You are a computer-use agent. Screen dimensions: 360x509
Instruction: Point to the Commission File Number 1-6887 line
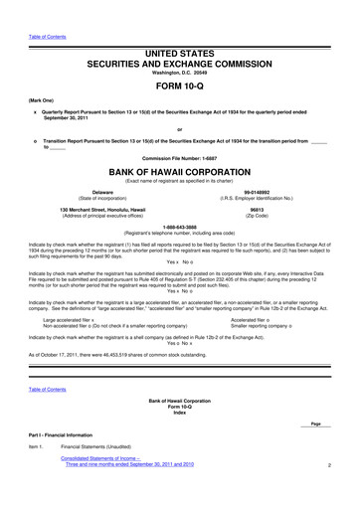[179, 156]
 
